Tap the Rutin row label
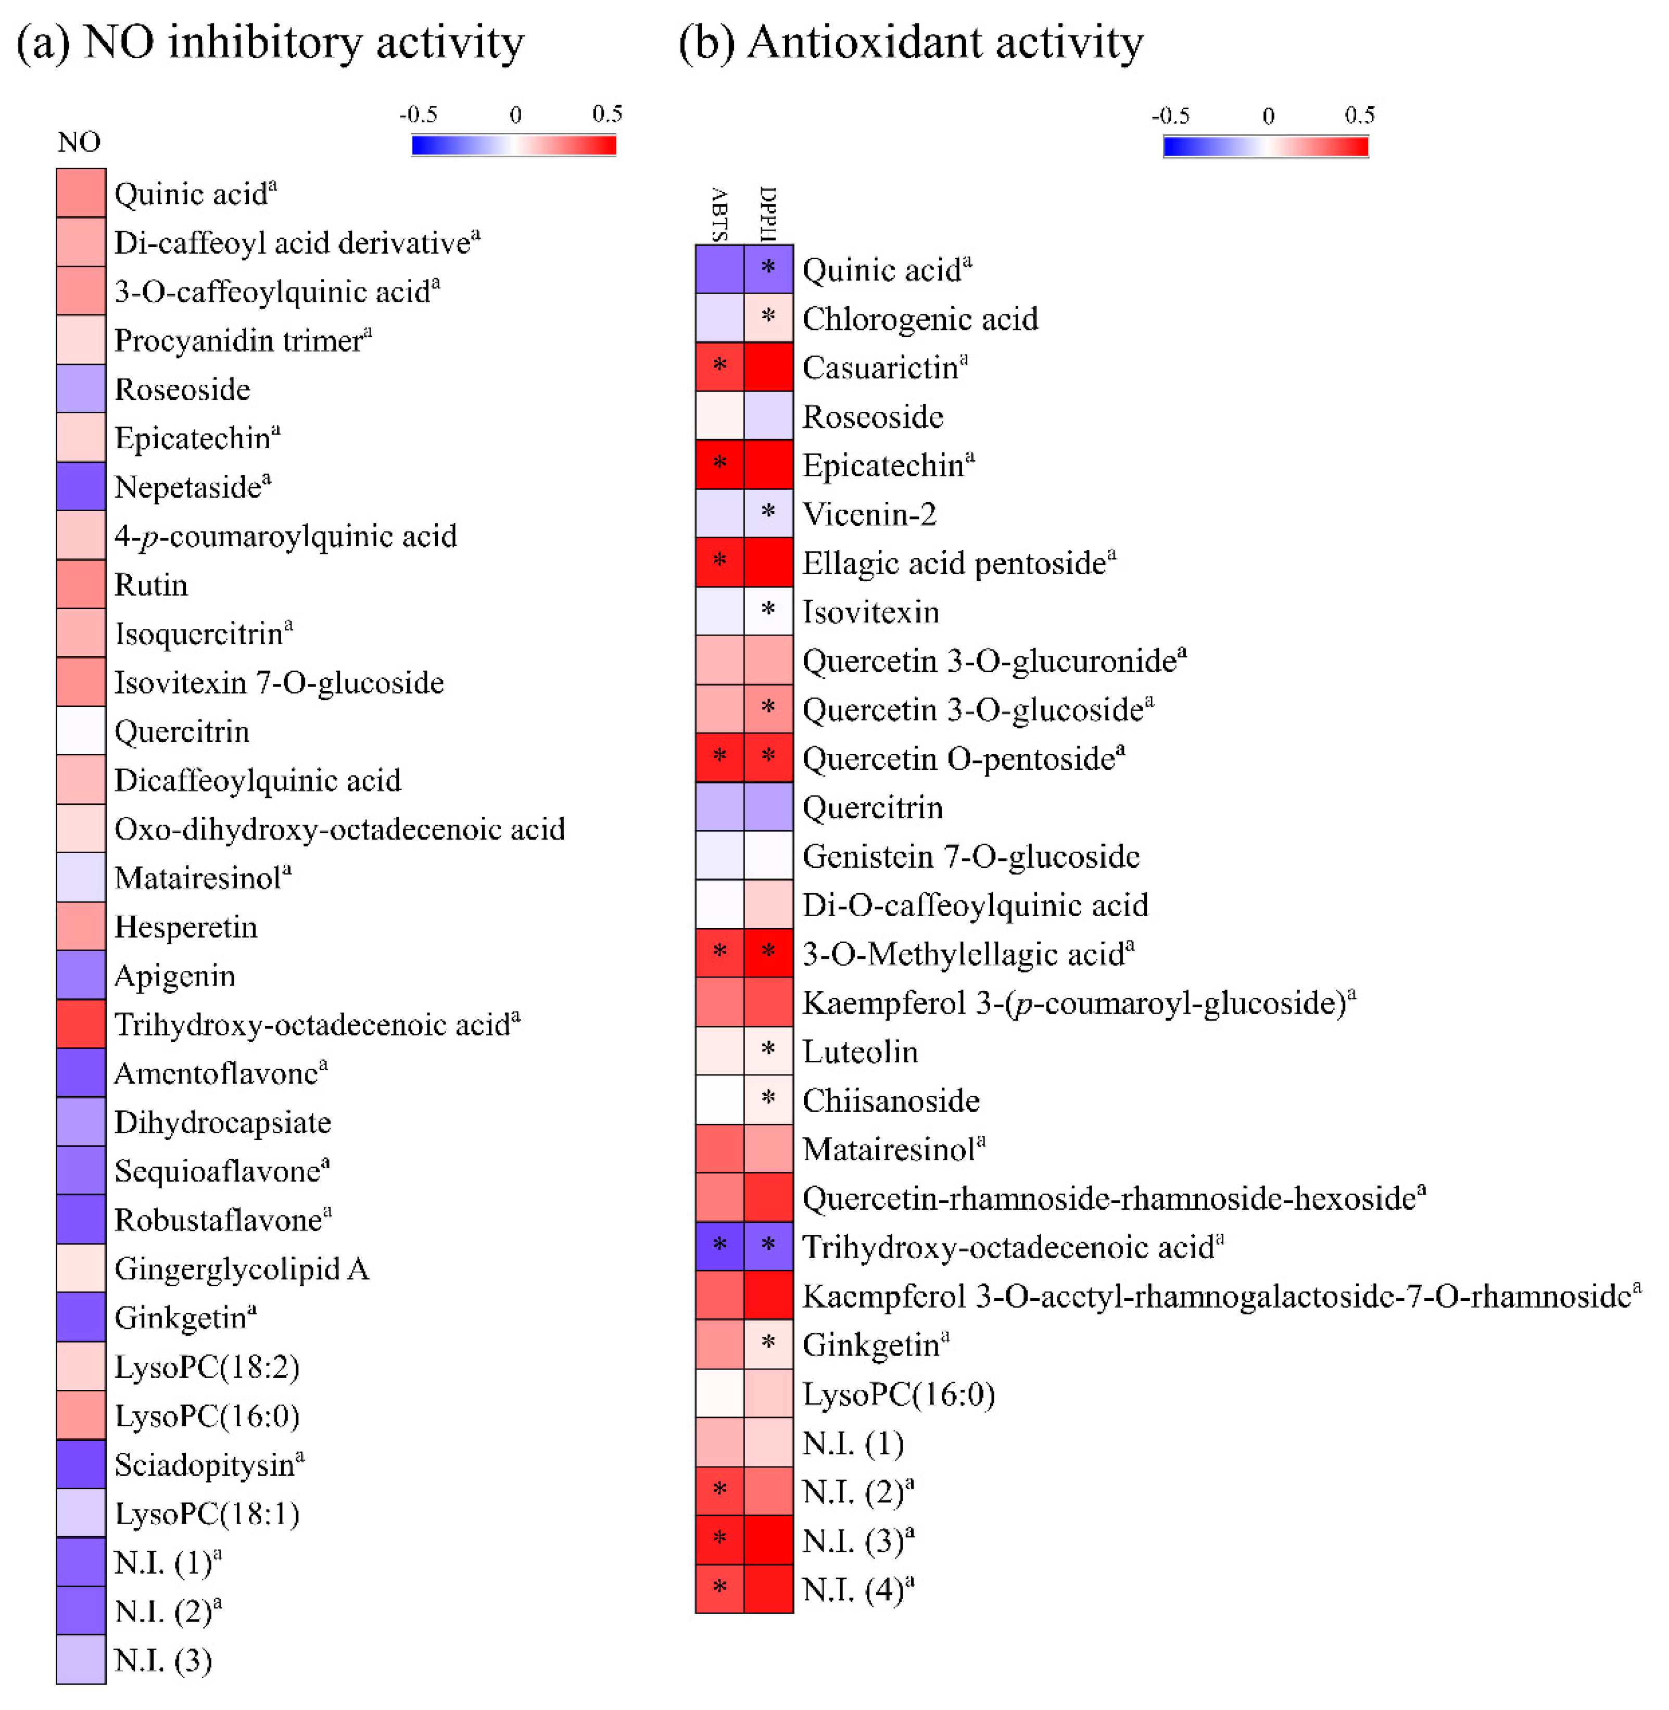pyautogui.click(x=151, y=585)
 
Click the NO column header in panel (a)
pyautogui.click(x=79, y=142)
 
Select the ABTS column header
pyautogui.click(x=719, y=215)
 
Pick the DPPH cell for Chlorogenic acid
pyautogui.click(x=769, y=318)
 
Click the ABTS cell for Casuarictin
pyautogui.click(x=719, y=366)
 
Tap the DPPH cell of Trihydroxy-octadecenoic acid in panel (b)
pyautogui.click(x=769, y=1246)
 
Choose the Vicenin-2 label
pyautogui.click(x=869, y=514)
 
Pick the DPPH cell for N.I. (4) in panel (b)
pyautogui.click(x=769, y=1588)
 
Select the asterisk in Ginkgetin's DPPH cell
pyautogui.click(x=769, y=1342)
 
